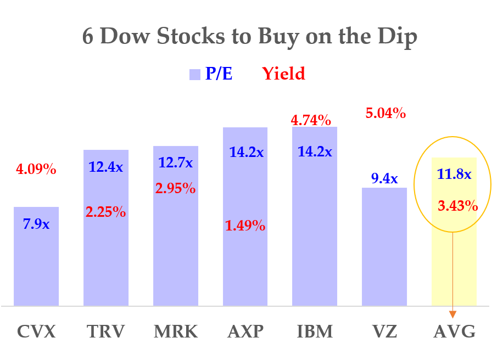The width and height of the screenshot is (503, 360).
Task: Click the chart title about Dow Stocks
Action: pos(250,37)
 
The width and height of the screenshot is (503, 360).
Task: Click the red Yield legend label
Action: pos(283,74)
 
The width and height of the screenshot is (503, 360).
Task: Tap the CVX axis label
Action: pos(36,332)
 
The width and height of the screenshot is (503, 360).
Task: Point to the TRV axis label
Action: pos(106,332)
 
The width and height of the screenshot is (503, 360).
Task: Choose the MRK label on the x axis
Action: pos(176,332)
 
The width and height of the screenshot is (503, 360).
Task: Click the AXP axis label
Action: pos(245,332)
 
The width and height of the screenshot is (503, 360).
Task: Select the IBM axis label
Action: pos(315,332)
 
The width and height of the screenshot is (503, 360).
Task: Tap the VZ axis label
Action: pos(384,332)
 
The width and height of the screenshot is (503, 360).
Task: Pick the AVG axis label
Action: pos(454,332)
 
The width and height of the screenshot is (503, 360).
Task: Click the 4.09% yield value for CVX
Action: pos(36,170)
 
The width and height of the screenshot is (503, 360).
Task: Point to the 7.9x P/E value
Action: pos(36,224)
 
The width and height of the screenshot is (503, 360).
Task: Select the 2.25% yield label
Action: pos(106,211)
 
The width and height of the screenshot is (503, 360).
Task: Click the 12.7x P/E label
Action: pos(176,163)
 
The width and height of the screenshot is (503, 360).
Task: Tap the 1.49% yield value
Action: pos(245,225)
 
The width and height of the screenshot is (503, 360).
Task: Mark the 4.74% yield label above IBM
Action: pos(311,120)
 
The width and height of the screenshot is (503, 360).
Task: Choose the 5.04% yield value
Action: pos(385,114)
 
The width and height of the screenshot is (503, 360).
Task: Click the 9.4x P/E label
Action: pos(384,178)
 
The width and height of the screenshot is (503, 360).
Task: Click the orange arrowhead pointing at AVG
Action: pos(453,314)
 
